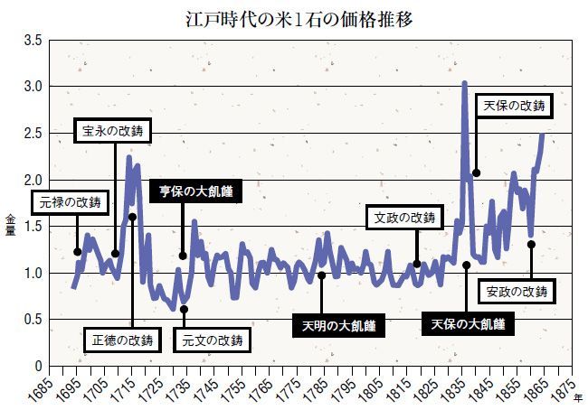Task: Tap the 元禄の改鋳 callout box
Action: click(71, 201)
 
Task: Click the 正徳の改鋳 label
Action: click(123, 340)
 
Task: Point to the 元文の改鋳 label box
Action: click(213, 340)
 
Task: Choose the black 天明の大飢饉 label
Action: click(338, 323)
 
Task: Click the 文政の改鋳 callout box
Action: click(403, 218)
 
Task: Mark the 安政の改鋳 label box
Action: click(517, 292)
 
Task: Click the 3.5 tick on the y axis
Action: click(33, 41)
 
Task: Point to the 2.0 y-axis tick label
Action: click(33, 180)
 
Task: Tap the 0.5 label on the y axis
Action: click(33, 320)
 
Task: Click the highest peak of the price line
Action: click(464, 84)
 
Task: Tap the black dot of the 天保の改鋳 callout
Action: click(476, 172)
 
